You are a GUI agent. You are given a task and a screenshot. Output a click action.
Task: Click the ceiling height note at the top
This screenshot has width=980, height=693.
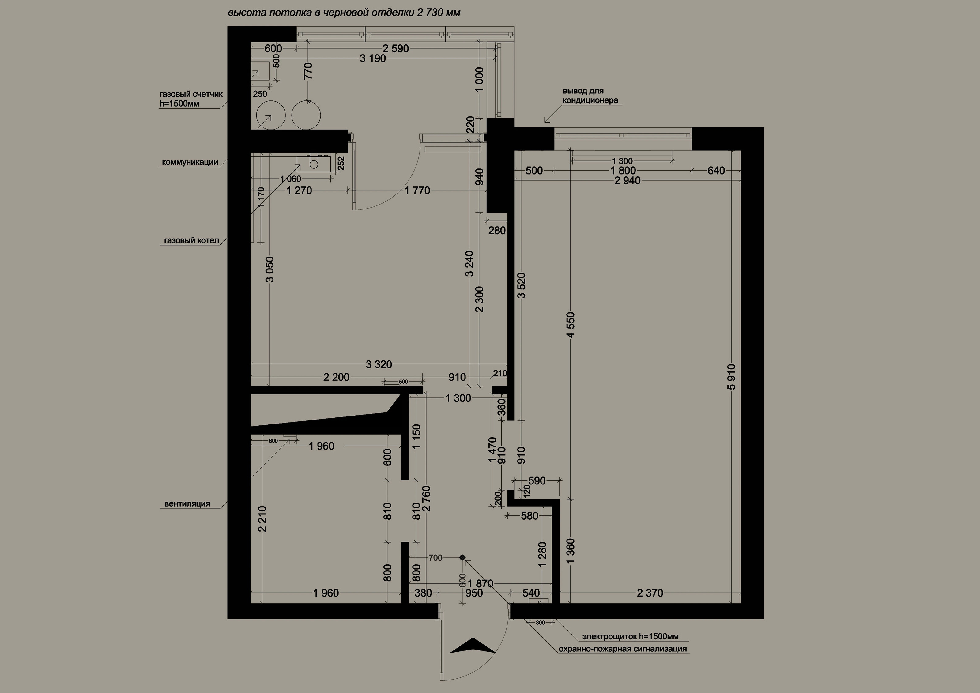[344, 13]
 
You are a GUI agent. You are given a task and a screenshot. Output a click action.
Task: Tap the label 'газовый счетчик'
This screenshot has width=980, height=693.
[191, 94]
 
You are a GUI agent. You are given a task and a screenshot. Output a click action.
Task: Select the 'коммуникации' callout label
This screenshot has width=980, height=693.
[190, 162]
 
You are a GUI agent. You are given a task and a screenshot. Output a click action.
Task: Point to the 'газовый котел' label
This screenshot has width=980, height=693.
[192, 241]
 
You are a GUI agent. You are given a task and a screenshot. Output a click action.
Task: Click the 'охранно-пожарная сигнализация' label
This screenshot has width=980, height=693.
[623, 649]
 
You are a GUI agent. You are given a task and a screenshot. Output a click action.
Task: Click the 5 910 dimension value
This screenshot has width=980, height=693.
[732, 377]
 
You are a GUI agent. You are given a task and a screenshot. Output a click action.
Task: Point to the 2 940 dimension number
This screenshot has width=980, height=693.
[628, 181]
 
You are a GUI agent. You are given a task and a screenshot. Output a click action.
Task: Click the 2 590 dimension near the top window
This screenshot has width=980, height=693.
[396, 49]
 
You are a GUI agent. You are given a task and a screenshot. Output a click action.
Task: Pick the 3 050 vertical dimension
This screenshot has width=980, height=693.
[270, 269]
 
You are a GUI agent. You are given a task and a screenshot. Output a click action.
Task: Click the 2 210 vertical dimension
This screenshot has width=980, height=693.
[262, 519]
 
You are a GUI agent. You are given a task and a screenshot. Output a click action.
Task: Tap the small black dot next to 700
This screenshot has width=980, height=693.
[462, 557]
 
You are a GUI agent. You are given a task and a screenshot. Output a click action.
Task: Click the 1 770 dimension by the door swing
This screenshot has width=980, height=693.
[417, 191]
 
